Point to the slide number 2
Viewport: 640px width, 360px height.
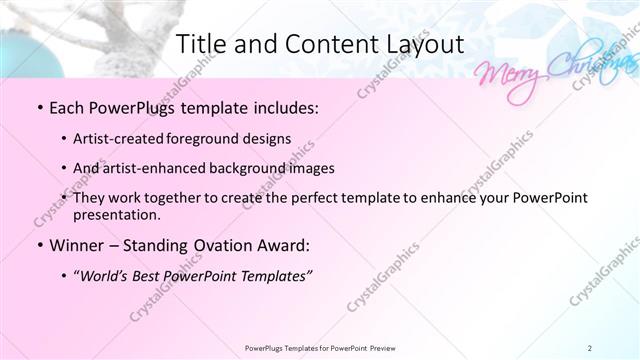(x=589, y=347)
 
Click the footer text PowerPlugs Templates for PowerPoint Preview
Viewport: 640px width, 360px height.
(x=319, y=347)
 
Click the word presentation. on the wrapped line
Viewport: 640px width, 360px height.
(x=117, y=215)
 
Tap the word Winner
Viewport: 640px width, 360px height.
(x=76, y=245)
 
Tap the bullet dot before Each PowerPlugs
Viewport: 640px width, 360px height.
(x=38, y=107)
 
